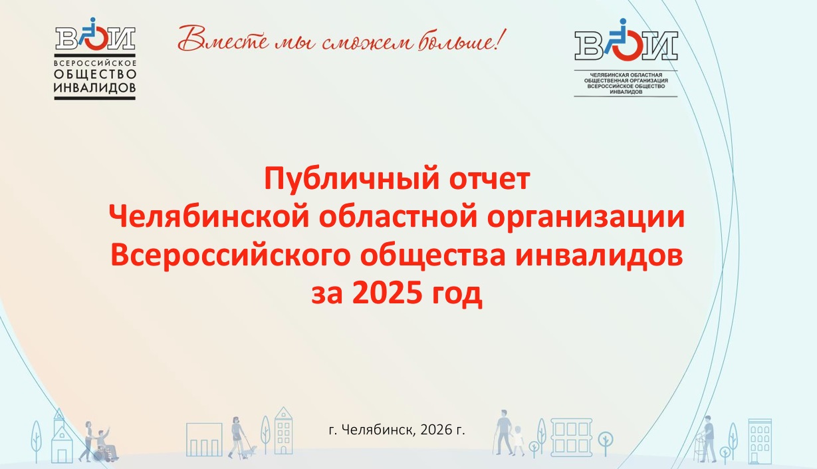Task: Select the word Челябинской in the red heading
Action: [x=209, y=218]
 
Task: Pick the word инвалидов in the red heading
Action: [x=599, y=256]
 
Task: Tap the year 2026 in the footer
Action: [x=436, y=430]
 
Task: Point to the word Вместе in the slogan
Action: [x=223, y=39]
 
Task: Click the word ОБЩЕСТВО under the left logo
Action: [x=95, y=75]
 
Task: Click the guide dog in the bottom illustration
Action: [x=249, y=452]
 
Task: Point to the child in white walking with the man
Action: [x=518, y=440]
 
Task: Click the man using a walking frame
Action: [x=708, y=438]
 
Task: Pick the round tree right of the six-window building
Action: [x=606, y=443]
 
